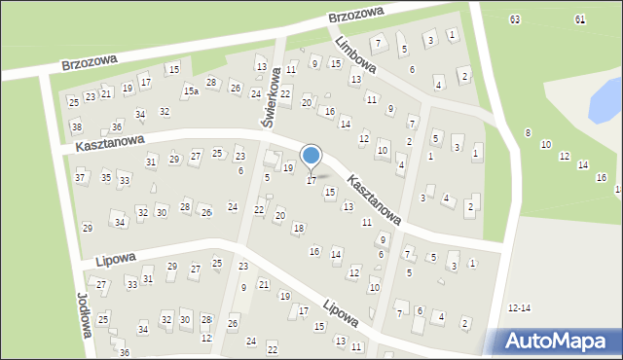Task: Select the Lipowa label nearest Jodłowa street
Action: click(114, 259)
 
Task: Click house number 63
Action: click(514, 19)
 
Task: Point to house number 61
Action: click(579, 19)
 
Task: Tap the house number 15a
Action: click(192, 90)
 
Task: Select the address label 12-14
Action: click(519, 307)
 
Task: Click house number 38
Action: click(77, 127)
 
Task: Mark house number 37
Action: click(80, 177)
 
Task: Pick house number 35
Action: click(105, 177)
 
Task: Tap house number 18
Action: click(298, 228)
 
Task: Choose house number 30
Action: click(162, 212)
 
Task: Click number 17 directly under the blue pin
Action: click(311, 180)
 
